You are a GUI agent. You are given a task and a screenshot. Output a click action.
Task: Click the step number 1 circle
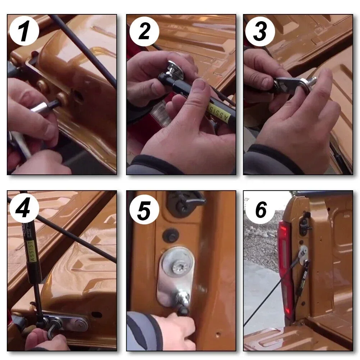coord(24,31)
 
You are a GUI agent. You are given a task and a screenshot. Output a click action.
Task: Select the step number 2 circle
coord(144,31)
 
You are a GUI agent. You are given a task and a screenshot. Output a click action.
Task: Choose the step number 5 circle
coord(144,209)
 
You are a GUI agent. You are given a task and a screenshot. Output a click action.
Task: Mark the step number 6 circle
coord(260,209)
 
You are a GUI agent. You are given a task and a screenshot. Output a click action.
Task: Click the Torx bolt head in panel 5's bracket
coord(178,267)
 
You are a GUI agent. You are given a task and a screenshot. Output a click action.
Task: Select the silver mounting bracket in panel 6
coord(304,254)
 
